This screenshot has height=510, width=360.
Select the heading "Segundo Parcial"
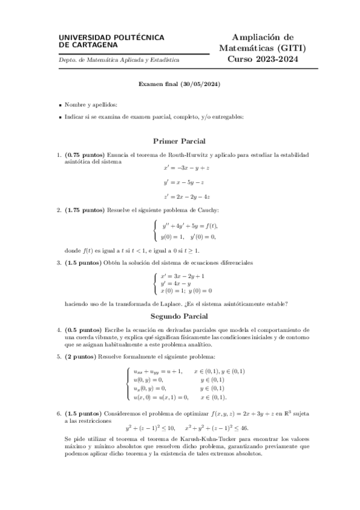point(180,316)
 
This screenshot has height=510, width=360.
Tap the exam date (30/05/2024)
point(200,84)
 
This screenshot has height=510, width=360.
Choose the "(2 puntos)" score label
point(80,357)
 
